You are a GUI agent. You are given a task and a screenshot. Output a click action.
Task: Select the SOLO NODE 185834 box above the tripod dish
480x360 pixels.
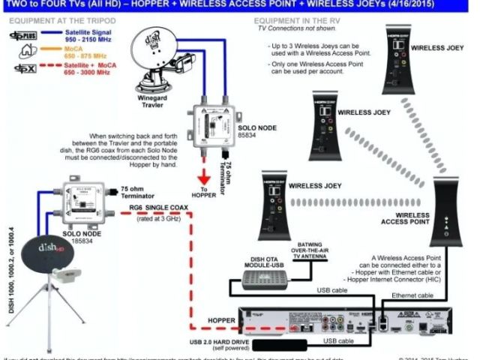82,196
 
